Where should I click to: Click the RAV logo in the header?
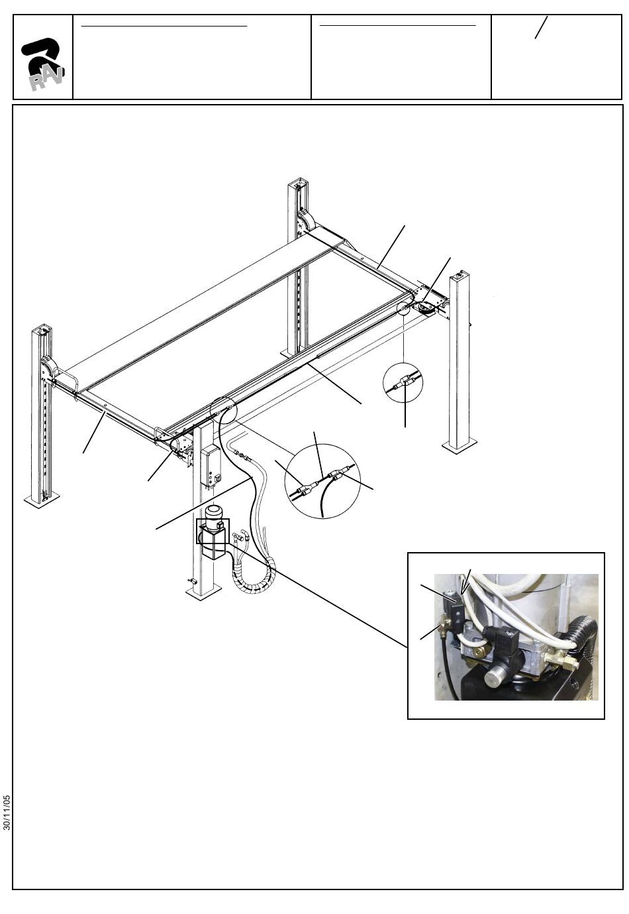click(x=43, y=64)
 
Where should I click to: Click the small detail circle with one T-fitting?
click(x=403, y=382)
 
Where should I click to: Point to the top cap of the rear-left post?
click(x=299, y=182)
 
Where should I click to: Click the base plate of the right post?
click(x=460, y=445)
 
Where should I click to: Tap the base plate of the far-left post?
click(x=42, y=500)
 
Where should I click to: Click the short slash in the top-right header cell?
click(x=541, y=27)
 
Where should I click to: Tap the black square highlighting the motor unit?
click(x=213, y=532)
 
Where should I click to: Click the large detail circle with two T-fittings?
click(x=322, y=481)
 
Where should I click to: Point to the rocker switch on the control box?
click(x=217, y=476)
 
